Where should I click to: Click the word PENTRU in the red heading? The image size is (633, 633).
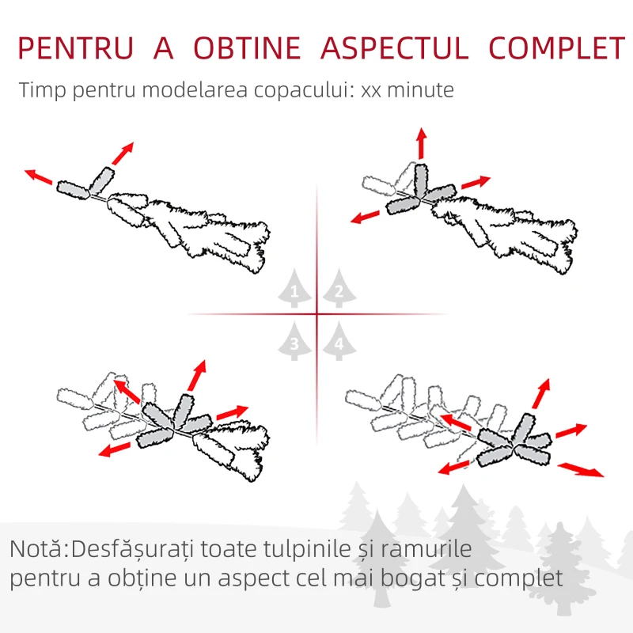75,48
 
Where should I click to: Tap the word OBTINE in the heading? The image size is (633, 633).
248,48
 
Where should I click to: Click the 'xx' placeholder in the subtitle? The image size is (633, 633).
370,90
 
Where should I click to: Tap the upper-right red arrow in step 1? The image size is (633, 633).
122,154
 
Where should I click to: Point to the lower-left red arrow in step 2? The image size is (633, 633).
365,216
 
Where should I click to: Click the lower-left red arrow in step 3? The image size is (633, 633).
115,449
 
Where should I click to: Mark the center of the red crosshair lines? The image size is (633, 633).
316,315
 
